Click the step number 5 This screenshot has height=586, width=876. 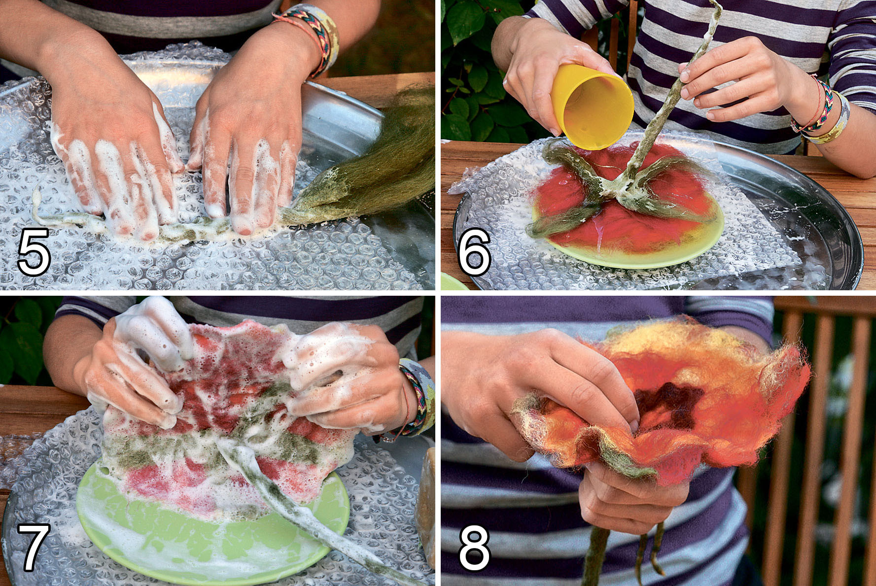34,251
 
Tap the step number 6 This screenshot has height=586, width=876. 474,251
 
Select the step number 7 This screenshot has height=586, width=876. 34,546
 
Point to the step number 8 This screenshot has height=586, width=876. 474,546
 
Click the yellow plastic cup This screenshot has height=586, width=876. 592,106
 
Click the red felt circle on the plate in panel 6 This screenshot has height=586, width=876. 626,207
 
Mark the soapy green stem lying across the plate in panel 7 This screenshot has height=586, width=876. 296,508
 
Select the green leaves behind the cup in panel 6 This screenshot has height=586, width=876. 473,74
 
